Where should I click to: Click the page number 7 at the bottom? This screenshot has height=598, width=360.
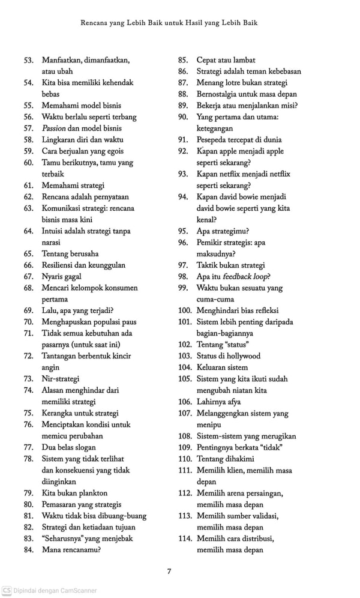point(169,571)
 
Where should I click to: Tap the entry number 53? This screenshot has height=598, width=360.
point(28,60)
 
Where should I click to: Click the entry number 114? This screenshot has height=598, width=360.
point(184,539)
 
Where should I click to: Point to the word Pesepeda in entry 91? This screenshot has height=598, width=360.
point(213,140)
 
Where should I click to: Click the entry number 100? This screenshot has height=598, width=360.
point(184,310)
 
